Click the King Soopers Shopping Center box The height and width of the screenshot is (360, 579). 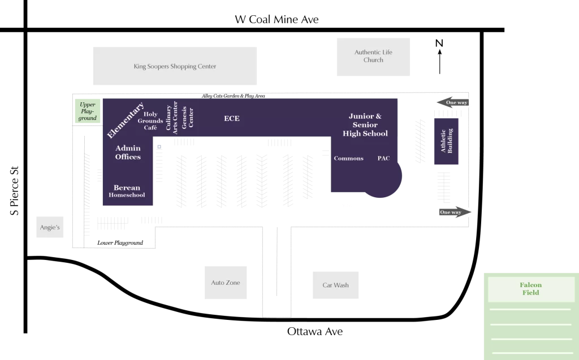click(x=175, y=66)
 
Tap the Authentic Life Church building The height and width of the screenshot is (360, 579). click(x=373, y=57)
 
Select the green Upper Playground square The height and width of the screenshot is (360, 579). click(x=88, y=111)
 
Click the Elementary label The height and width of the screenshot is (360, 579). click(x=126, y=120)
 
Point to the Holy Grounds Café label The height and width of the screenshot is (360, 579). click(x=150, y=121)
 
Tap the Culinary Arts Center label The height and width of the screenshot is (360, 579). click(x=171, y=118)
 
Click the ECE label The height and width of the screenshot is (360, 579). click(x=232, y=118)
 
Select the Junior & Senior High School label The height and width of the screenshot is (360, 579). click(x=365, y=125)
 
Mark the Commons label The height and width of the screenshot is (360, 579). click(x=348, y=158)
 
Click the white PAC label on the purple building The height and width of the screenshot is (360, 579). click(x=383, y=158)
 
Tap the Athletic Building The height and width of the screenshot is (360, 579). click(x=446, y=141)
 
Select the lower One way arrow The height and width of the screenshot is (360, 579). click(x=454, y=212)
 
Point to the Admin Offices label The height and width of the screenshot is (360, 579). click(x=128, y=153)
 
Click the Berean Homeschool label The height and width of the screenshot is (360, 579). click(x=127, y=191)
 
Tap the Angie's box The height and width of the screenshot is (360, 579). click(x=50, y=227)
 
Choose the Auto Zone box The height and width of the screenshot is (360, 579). click(x=226, y=283)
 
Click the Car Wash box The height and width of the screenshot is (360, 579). click(x=335, y=285)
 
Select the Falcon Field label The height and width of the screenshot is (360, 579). click(x=531, y=289)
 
